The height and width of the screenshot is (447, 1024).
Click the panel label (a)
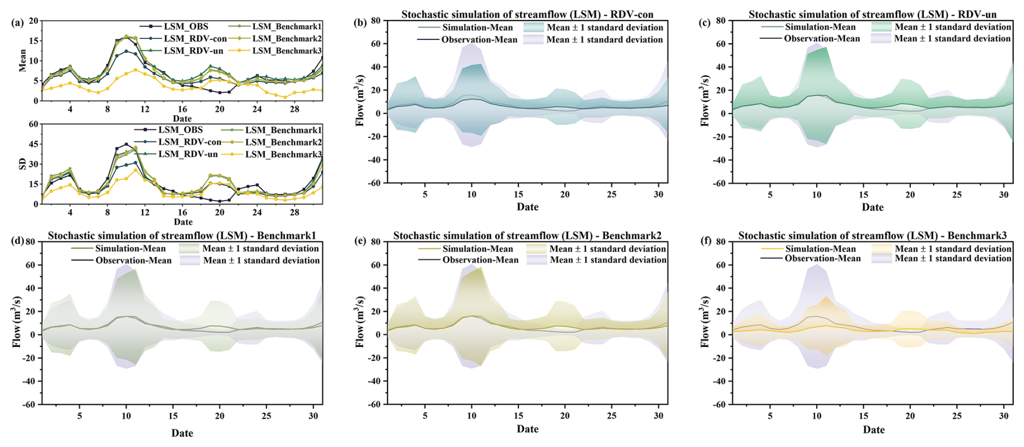click(x=17, y=23)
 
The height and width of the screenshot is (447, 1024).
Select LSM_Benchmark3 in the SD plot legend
click(x=283, y=155)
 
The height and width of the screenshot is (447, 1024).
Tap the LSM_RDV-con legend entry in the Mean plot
click(x=195, y=39)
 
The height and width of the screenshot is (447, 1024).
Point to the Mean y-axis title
click(x=22, y=61)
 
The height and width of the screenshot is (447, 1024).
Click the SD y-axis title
click(x=22, y=163)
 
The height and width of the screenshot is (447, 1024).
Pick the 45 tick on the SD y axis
click(x=34, y=144)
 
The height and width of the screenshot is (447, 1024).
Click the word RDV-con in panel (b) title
click(x=632, y=15)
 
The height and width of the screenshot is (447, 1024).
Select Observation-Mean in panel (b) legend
click(x=479, y=40)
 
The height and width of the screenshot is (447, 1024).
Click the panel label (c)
click(x=705, y=23)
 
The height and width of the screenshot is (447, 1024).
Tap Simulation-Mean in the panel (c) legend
click(x=820, y=27)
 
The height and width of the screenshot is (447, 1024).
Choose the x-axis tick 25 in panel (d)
click(x=266, y=416)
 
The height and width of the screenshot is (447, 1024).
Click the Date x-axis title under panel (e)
click(x=527, y=429)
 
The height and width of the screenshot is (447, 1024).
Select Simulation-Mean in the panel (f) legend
click(x=820, y=249)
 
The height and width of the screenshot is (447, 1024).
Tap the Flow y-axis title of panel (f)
click(x=705, y=322)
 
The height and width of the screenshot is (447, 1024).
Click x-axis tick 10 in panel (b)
click(x=471, y=194)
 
